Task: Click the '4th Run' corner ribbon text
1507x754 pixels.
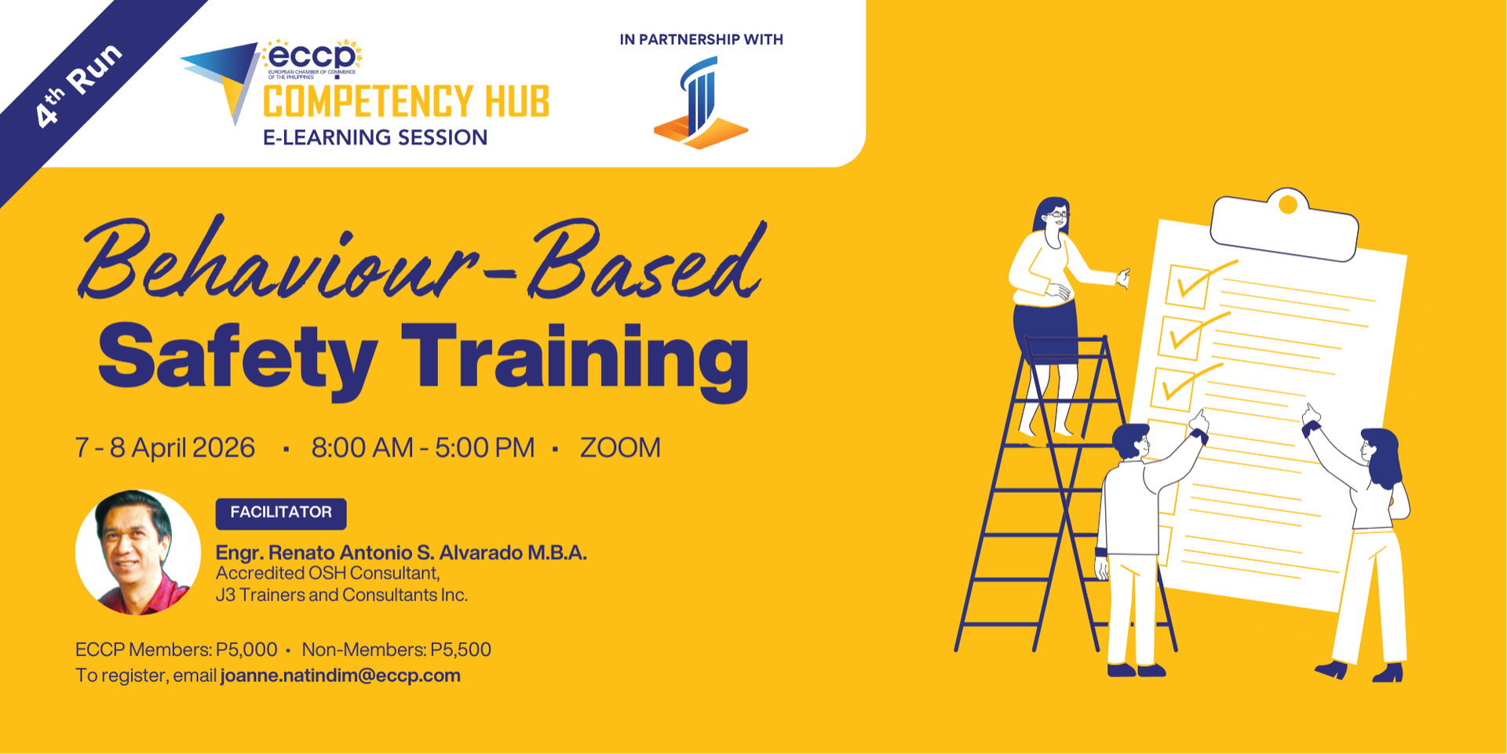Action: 78,85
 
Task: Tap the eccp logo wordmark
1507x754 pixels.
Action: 312,56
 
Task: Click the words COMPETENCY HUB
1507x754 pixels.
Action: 406,102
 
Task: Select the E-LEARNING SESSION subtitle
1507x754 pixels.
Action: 375,137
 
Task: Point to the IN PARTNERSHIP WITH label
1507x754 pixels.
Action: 701,39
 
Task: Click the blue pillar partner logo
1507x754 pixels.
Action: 700,103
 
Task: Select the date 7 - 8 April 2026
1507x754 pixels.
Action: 165,447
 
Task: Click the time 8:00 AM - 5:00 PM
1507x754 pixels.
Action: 423,447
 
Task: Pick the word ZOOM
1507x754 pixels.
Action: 620,447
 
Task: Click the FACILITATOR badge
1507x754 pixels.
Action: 281,513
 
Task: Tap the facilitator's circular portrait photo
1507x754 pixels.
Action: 138,552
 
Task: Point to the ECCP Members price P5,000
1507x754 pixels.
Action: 246,650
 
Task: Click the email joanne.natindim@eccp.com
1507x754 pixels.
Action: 341,676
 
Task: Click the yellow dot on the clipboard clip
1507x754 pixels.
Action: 1287,205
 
